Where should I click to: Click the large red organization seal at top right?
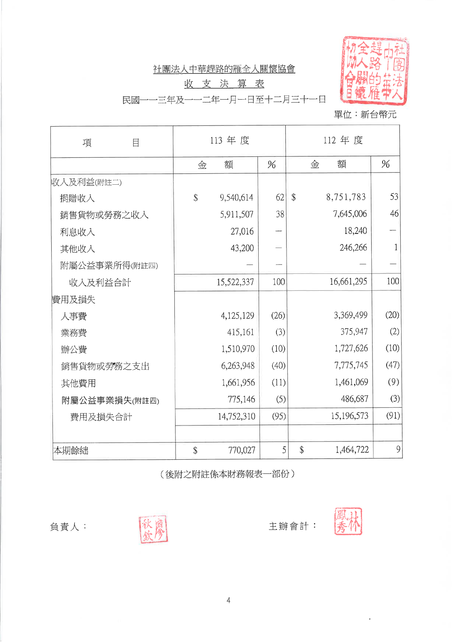(x=375, y=71)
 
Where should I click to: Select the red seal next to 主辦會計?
(x=348, y=521)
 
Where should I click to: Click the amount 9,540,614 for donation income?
(x=236, y=198)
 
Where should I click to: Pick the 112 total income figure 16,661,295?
(x=348, y=281)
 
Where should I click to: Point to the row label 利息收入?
(x=77, y=232)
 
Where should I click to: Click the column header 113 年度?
(x=229, y=140)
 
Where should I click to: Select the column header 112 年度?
(x=343, y=140)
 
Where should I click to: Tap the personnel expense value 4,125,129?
(x=237, y=315)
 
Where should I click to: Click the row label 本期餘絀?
(x=71, y=450)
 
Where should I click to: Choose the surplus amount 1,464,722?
(x=352, y=450)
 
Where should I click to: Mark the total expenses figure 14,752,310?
(x=236, y=416)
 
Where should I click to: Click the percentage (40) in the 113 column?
(x=278, y=366)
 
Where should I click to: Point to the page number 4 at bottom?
(x=228, y=600)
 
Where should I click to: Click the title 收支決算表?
(x=224, y=84)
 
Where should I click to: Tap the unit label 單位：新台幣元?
(x=365, y=115)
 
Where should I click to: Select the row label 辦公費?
(x=74, y=349)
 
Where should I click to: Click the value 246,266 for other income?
(x=353, y=248)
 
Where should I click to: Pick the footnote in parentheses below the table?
(x=228, y=474)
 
